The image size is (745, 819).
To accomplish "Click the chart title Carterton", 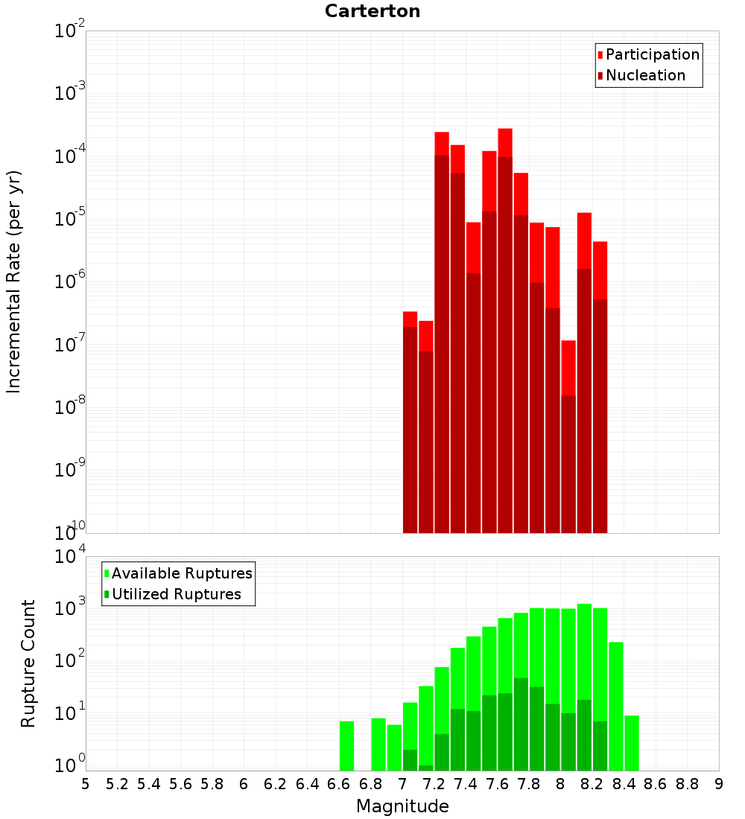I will click(x=372, y=11).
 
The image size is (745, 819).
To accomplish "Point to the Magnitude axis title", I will click(x=402, y=806).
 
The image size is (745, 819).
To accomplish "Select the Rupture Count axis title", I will click(x=28, y=663).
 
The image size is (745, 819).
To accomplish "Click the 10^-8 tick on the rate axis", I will click(x=70, y=407).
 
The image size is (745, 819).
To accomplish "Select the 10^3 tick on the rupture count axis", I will click(x=70, y=607).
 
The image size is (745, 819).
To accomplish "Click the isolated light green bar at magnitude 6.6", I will click(x=346, y=745).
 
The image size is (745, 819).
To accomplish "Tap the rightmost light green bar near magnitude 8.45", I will click(x=632, y=742).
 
